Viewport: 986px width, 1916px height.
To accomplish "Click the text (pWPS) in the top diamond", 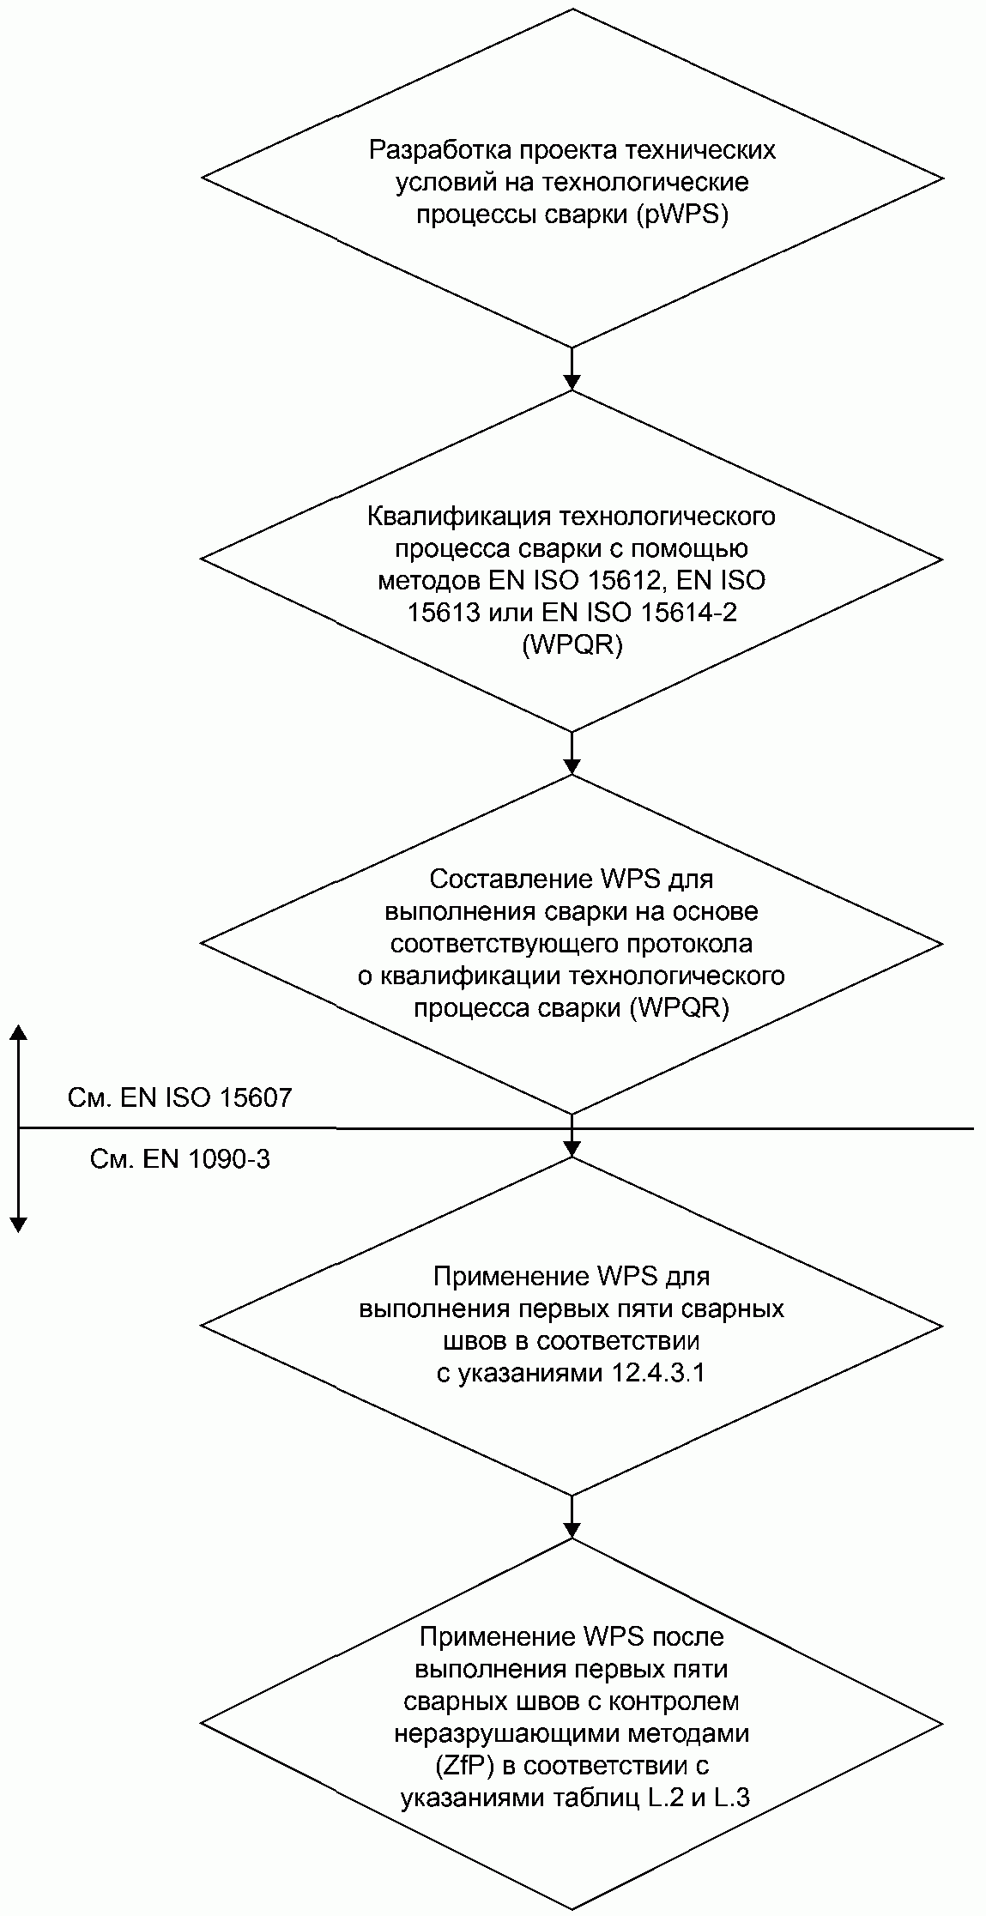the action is [x=683, y=215].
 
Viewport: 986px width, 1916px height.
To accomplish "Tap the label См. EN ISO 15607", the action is [x=179, y=1097].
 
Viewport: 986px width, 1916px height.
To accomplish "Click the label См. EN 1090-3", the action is [x=180, y=1160].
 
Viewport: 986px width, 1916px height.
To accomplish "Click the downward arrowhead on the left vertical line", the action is [x=18, y=1224].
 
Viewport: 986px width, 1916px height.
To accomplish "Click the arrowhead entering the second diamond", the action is [x=572, y=382].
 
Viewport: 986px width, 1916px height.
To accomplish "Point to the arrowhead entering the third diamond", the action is [x=572, y=765].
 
